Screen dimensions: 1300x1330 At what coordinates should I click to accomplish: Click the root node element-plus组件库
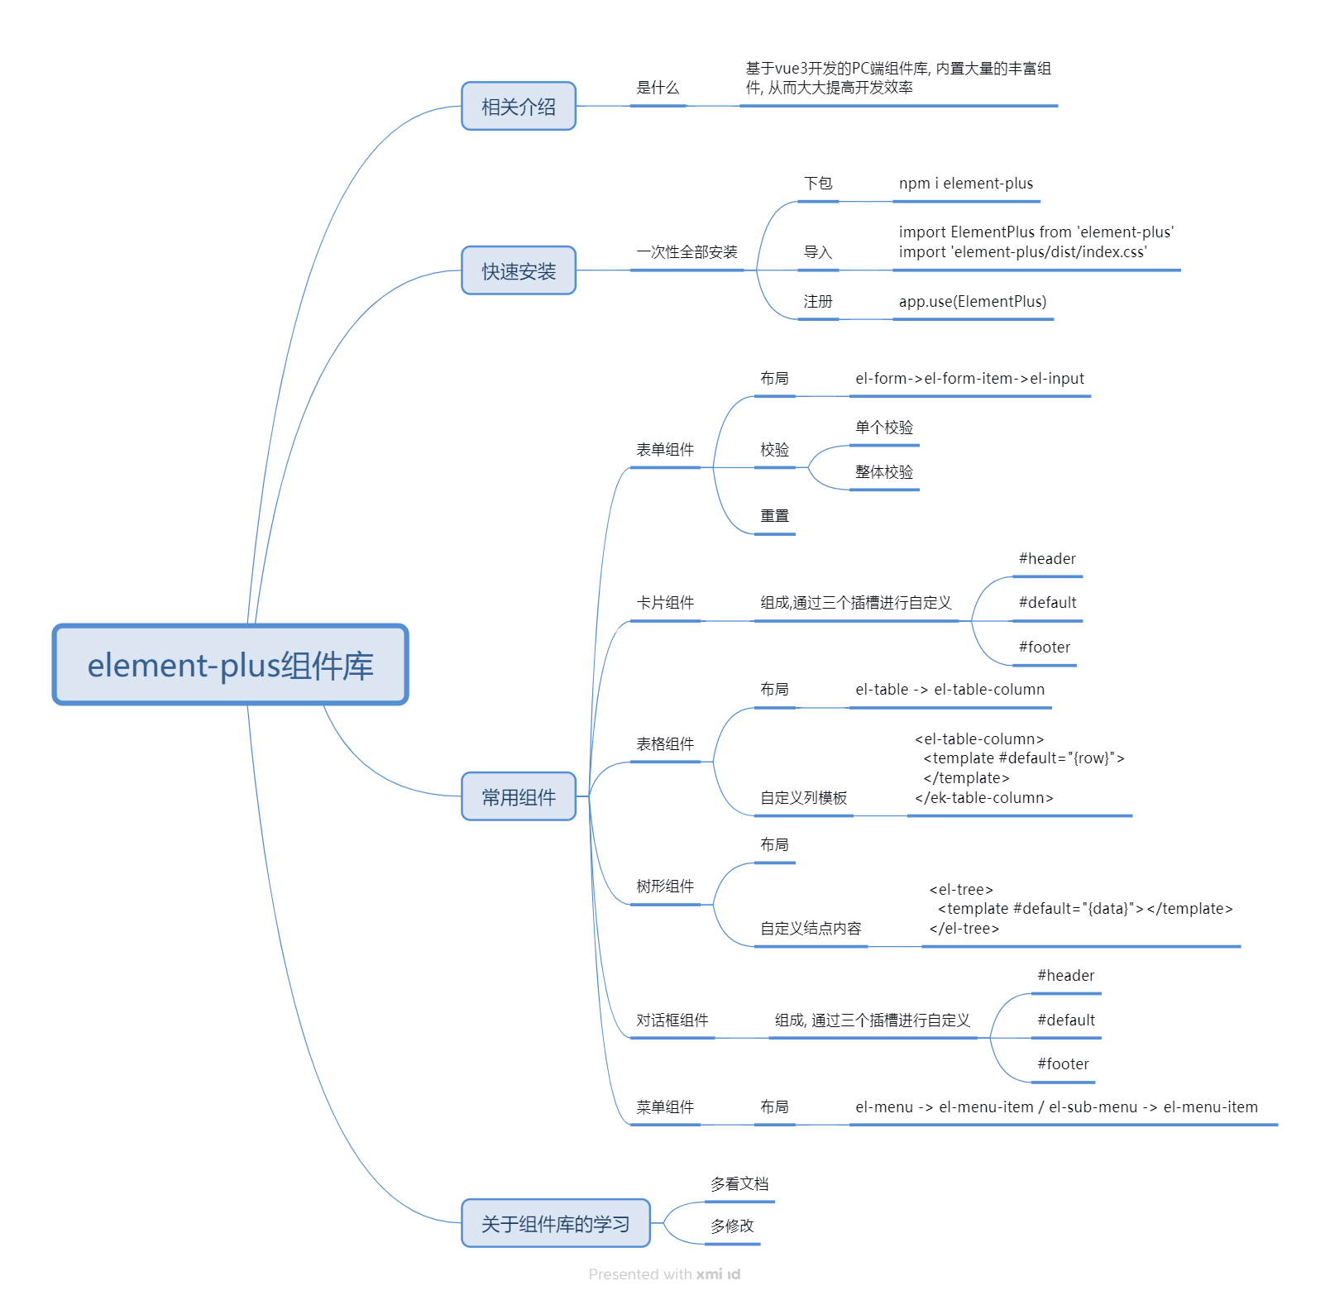pyautogui.click(x=230, y=665)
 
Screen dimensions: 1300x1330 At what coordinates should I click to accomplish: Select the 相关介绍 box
pyautogui.click(x=519, y=107)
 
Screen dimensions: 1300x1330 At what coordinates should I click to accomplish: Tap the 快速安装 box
pyautogui.click(x=519, y=271)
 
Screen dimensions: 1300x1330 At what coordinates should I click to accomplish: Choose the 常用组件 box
pyautogui.click(x=519, y=797)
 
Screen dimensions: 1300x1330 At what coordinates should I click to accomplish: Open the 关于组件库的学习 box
pyautogui.click(x=555, y=1224)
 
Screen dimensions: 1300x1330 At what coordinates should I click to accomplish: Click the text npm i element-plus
pyautogui.click(x=965, y=184)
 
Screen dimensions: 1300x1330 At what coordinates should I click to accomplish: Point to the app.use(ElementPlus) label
pyautogui.click(x=972, y=302)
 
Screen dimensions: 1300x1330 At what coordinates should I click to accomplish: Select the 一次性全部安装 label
pyautogui.click(x=687, y=252)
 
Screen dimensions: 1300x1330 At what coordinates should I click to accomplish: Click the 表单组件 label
pyautogui.click(x=664, y=450)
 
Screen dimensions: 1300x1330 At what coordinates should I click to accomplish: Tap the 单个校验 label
pyautogui.click(x=883, y=428)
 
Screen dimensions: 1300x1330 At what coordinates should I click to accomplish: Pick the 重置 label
pyautogui.click(x=774, y=516)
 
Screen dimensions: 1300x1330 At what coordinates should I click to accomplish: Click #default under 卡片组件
pyautogui.click(x=1047, y=603)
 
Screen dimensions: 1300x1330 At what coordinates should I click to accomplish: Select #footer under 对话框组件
pyautogui.click(x=1063, y=1064)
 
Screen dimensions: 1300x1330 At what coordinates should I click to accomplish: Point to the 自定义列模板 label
pyautogui.click(x=803, y=798)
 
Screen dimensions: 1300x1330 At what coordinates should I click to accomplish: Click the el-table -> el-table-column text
pyautogui.click(x=950, y=690)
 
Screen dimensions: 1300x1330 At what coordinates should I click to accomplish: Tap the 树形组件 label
pyautogui.click(x=664, y=887)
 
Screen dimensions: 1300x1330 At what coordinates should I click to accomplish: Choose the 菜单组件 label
pyautogui.click(x=664, y=1107)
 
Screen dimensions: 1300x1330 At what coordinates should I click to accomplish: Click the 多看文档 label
pyautogui.click(x=739, y=1184)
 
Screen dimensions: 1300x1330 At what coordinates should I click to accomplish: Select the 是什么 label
pyautogui.click(x=657, y=88)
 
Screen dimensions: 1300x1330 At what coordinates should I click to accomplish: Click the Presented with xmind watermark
pyautogui.click(x=664, y=1274)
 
